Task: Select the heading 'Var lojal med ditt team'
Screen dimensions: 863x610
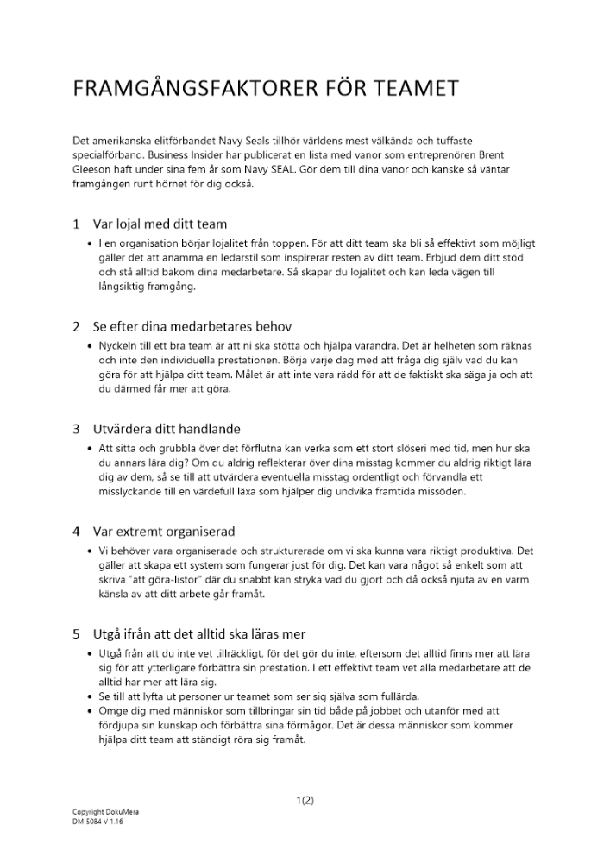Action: pos(160,224)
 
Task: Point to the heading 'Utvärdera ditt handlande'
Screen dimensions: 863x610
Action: pos(167,429)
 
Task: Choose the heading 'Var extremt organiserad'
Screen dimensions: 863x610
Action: pos(164,531)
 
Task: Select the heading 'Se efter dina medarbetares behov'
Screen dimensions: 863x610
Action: pos(193,326)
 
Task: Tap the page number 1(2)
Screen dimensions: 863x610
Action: pos(305,800)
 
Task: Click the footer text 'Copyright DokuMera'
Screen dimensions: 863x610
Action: pos(105,813)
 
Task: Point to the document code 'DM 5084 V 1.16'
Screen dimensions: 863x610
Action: pos(97,822)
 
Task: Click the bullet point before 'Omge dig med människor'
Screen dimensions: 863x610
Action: pos(91,711)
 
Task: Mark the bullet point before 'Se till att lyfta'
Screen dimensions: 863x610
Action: pos(91,696)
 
